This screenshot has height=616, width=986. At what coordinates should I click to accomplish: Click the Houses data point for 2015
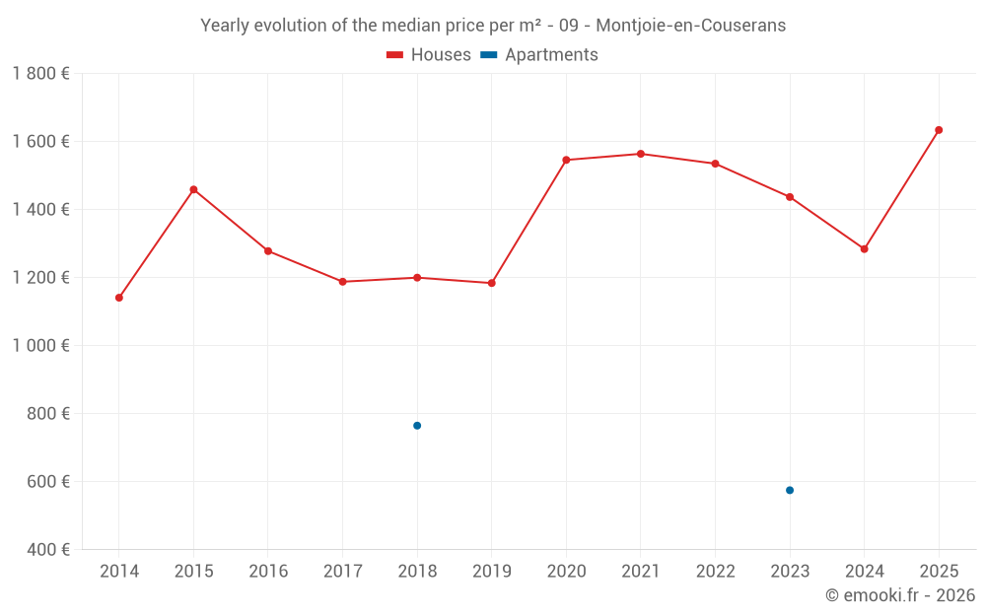(x=193, y=189)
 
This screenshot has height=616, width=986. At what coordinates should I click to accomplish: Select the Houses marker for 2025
(x=939, y=130)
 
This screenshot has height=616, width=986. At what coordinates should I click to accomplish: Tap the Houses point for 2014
(x=119, y=298)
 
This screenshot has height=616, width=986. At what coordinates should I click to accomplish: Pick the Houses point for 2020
(x=566, y=160)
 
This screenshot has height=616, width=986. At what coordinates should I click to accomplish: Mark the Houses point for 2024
(x=864, y=249)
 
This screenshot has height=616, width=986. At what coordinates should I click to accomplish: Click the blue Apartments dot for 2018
(x=417, y=426)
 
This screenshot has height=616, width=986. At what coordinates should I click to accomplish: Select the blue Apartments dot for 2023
(x=790, y=490)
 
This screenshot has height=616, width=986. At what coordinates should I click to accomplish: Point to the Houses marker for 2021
(x=641, y=154)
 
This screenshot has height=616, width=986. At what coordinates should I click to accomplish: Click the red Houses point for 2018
(x=417, y=278)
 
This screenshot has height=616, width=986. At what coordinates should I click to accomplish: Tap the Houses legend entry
(x=429, y=55)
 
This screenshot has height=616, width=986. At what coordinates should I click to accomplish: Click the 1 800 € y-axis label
(x=40, y=73)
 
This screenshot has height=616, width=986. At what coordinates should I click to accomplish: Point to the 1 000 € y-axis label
(x=40, y=346)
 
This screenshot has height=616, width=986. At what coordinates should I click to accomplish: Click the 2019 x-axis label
(x=492, y=572)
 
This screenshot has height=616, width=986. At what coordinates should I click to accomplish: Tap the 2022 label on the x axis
(x=715, y=572)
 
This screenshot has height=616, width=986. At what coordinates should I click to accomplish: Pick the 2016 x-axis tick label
(x=268, y=572)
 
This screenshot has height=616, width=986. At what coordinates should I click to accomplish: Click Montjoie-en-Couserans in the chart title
(x=690, y=26)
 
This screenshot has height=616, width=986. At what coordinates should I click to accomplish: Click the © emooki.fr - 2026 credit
(x=899, y=595)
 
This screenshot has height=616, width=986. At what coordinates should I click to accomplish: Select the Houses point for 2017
(x=342, y=282)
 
